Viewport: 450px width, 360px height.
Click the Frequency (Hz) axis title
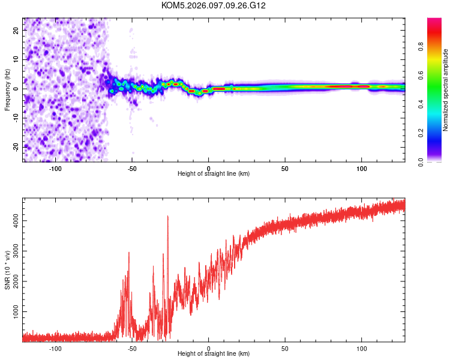(7, 89)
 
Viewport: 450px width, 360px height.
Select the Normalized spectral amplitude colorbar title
(445, 90)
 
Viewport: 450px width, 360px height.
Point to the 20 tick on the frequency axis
(16, 30)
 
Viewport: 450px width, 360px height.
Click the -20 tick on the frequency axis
(14, 147)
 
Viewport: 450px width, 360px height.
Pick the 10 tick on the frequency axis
(16, 59)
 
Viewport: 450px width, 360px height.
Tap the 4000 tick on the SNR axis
(12, 221)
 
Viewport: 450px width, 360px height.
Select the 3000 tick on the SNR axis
(12, 252)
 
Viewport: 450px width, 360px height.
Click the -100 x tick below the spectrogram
(56, 169)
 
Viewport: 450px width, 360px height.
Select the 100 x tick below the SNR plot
(361, 349)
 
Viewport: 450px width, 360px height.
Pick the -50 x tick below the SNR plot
(132, 349)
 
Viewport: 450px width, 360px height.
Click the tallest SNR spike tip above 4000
(168, 217)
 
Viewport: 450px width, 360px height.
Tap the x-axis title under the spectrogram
(214, 174)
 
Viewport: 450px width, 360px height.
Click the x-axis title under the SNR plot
(214, 354)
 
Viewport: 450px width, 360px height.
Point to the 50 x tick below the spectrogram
(285, 169)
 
